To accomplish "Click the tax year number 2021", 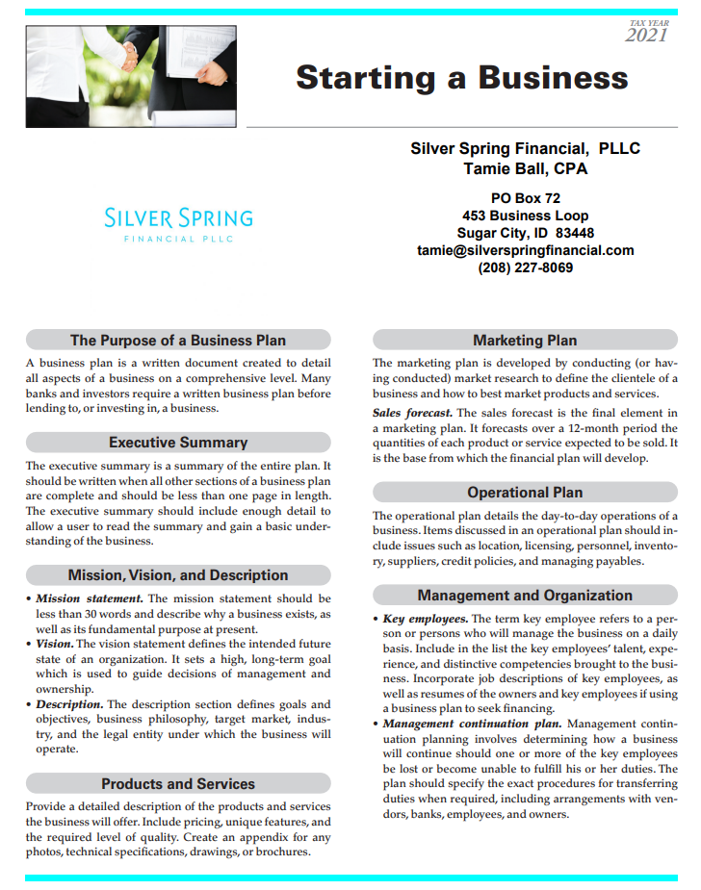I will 646,37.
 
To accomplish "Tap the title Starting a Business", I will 462,77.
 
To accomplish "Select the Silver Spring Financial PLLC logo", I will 178,224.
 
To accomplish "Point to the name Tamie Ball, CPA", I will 525,169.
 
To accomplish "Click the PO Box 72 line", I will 525,198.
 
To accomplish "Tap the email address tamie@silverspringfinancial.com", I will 525,250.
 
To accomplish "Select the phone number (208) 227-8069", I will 525,267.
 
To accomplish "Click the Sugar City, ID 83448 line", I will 525,233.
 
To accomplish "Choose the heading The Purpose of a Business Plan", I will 178,340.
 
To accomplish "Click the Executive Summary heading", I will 178,443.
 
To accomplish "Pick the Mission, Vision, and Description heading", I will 178,575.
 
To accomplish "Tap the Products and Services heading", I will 178,784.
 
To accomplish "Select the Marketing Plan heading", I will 525,340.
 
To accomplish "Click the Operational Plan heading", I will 525,493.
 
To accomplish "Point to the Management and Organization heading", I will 525,596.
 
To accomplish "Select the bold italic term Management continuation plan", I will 473,724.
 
